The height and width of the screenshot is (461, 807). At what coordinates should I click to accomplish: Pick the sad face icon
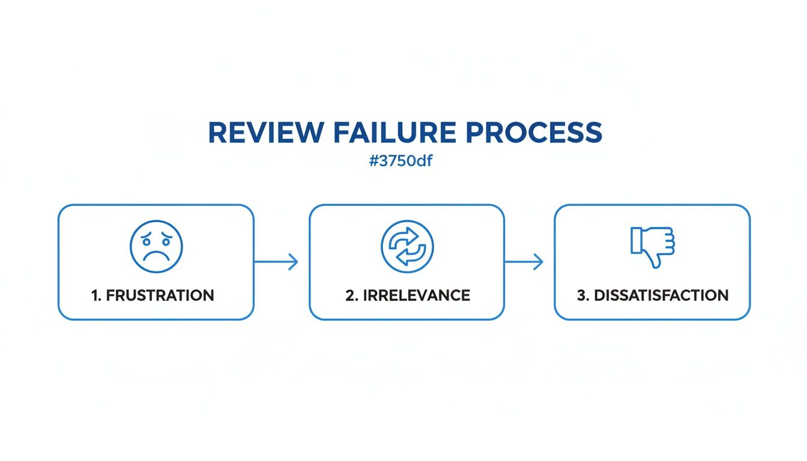(156, 246)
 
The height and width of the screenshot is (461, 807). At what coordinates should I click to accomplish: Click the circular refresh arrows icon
(407, 247)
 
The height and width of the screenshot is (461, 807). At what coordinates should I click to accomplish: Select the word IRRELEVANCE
(415, 295)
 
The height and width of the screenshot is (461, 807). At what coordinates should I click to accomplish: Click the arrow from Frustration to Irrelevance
(276, 262)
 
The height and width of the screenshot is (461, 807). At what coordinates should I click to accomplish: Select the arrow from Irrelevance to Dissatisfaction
(524, 262)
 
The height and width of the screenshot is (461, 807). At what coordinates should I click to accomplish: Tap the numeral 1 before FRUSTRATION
(94, 295)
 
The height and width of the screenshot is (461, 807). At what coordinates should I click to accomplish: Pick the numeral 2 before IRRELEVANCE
(349, 295)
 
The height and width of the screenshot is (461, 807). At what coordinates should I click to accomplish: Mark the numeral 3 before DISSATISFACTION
(581, 295)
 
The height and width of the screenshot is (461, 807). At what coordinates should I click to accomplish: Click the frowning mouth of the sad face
(156, 257)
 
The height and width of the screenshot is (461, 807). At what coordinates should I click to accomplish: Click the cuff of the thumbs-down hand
(636, 240)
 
